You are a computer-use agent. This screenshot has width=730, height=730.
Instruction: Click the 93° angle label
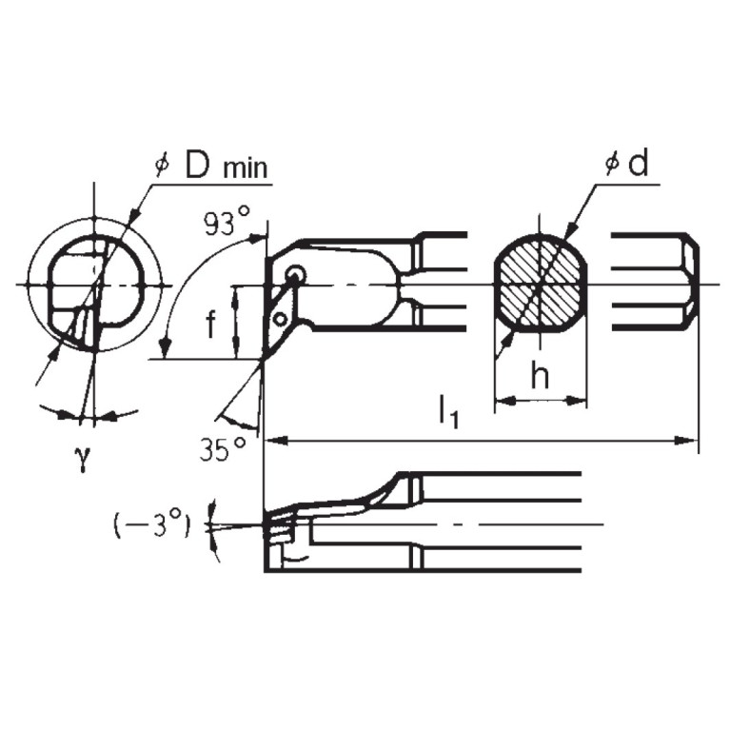click(226, 223)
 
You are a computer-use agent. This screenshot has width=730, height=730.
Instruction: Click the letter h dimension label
click(540, 377)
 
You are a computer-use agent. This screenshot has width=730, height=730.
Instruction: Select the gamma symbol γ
click(84, 458)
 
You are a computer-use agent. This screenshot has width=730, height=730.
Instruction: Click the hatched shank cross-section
click(539, 284)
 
